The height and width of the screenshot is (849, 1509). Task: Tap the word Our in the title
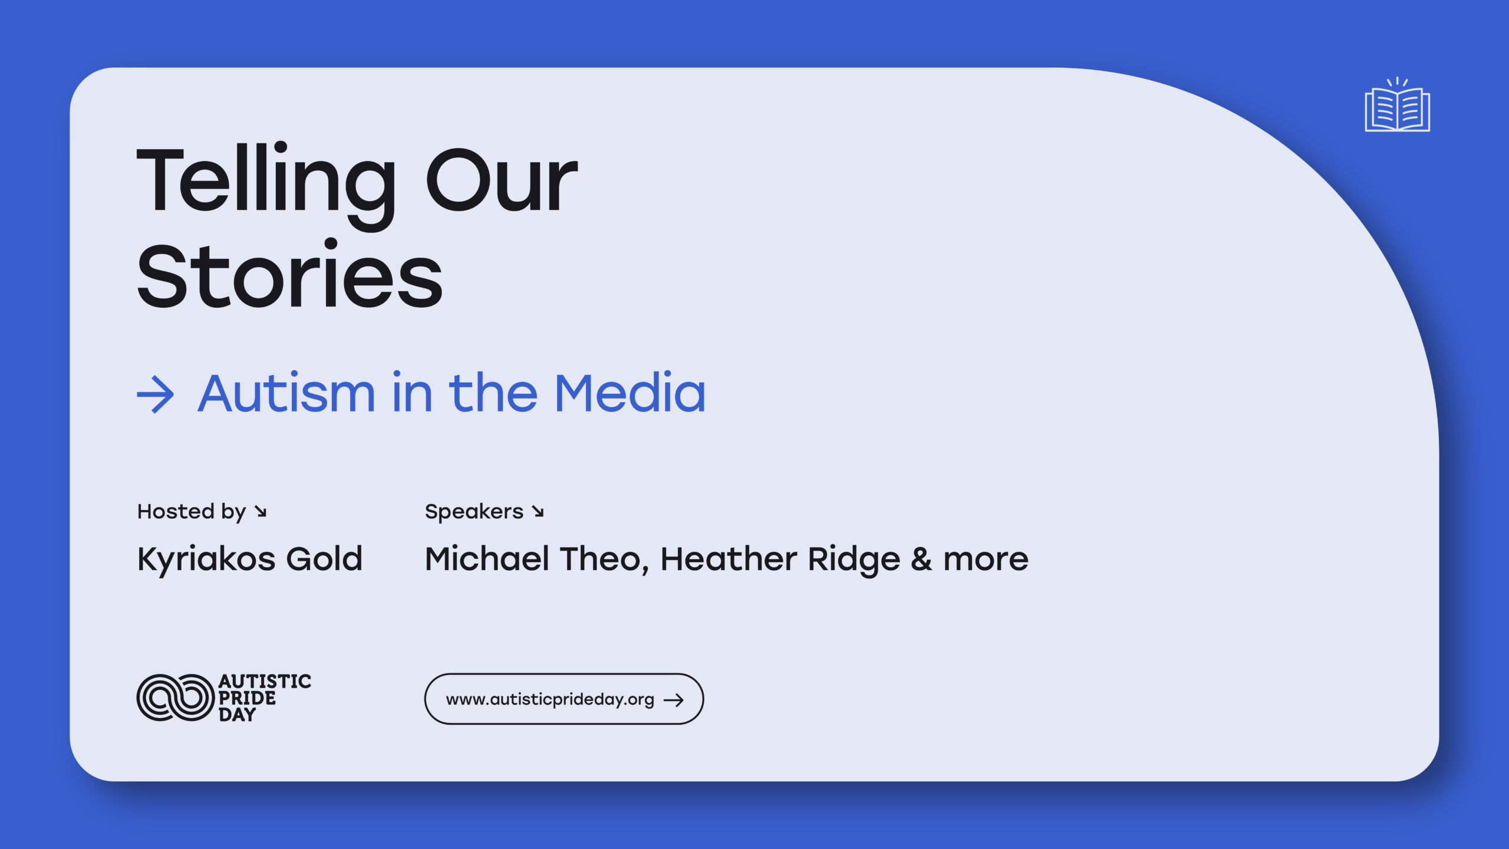(502, 179)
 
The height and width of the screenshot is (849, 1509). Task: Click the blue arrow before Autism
(156, 394)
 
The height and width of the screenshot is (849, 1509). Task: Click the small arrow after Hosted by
(261, 511)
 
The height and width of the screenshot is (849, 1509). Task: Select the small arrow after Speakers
(538, 511)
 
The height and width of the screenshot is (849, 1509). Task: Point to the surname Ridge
(854, 560)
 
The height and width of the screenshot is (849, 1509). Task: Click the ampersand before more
(921, 559)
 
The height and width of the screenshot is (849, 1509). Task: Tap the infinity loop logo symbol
(175, 697)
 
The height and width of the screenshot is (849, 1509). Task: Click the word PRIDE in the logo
(247, 698)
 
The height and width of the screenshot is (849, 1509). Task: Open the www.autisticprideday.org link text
(550, 699)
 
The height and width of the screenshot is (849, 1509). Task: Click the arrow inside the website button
(674, 700)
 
